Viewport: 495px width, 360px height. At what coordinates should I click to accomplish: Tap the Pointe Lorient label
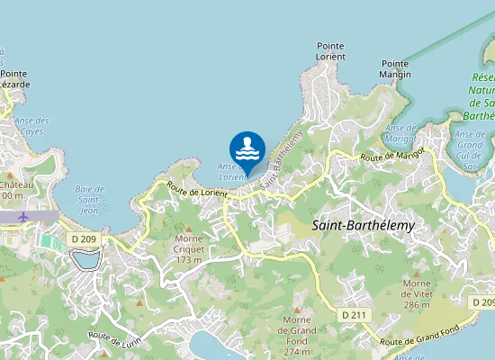pos(330,50)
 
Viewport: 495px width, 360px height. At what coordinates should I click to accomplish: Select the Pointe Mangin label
pos(395,68)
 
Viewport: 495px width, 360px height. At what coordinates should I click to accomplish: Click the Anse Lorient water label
pos(231,171)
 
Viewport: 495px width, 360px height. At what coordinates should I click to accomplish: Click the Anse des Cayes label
pos(31,126)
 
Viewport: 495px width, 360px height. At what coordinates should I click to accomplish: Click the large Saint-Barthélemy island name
pos(363,226)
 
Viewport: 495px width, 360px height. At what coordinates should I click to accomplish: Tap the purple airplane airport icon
pos(23,216)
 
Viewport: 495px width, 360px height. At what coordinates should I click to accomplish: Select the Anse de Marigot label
pos(400,134)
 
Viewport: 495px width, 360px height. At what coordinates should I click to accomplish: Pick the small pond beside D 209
pos(86,259)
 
